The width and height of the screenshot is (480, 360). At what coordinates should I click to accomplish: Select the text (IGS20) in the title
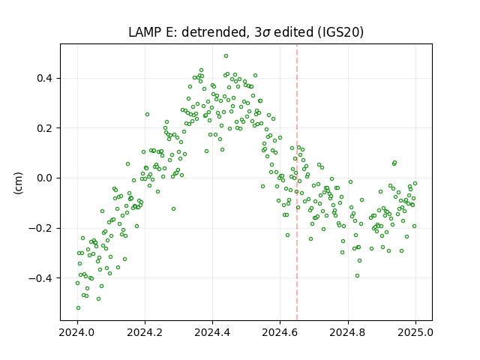(340, 32)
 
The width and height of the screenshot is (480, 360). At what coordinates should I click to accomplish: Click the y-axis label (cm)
(18, 183)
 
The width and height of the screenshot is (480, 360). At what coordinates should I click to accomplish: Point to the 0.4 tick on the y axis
(46, 78)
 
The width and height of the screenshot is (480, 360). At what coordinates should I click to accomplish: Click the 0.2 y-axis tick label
(46, 128)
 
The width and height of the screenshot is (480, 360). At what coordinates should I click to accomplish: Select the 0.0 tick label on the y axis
(46, 178)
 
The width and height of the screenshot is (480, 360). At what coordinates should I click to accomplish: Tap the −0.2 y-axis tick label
(41, 228)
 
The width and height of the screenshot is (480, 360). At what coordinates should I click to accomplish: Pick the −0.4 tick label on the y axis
(41, 278)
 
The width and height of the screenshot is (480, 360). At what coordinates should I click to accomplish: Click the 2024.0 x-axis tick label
(77, 332)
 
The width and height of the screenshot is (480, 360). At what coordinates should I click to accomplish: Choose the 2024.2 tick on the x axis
(145, 332)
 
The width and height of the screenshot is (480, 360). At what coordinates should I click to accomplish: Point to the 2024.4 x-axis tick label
(212, 332)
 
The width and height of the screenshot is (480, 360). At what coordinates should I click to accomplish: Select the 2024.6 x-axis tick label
(280, 332)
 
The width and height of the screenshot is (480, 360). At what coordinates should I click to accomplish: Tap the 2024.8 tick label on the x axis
(348, 332)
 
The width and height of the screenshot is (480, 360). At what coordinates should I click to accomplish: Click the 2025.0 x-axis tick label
(415, 332)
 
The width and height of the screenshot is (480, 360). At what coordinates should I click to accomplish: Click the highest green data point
(226, 56)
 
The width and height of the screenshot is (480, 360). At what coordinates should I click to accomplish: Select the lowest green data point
(78, 307)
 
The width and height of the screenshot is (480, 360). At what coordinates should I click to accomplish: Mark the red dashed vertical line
(297, 182)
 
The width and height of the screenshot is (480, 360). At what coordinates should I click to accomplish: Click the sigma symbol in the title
(266, 33)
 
